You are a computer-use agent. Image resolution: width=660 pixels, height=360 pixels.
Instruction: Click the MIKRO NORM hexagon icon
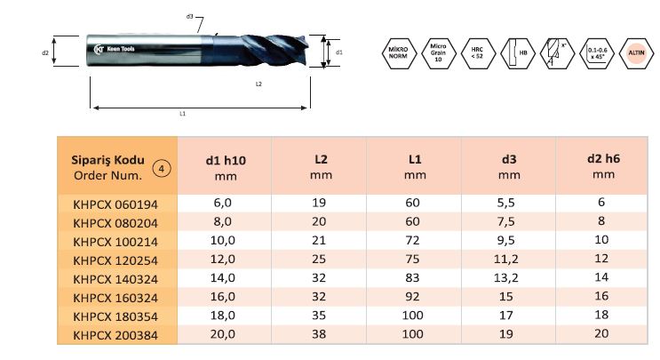click(398, 53)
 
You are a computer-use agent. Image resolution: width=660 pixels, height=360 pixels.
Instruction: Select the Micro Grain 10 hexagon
click(438, 53)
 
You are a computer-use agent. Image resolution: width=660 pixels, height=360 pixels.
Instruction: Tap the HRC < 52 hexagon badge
click(477, 53)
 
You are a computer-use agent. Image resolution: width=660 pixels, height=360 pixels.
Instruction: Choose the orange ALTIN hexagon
click(636, 53)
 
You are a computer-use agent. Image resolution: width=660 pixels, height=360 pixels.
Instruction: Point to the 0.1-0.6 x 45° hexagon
click(597, 53)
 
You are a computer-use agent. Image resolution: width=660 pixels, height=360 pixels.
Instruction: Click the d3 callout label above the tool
click(189, 16)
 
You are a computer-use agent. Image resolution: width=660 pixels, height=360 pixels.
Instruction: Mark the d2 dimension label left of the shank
click(45, 52)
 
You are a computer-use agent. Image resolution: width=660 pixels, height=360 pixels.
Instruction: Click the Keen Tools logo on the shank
click(114, 49)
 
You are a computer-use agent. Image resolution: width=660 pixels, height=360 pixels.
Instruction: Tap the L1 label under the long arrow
click(182, 114)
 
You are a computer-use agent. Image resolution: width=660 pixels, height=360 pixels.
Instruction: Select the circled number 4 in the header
click(161, 169)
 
